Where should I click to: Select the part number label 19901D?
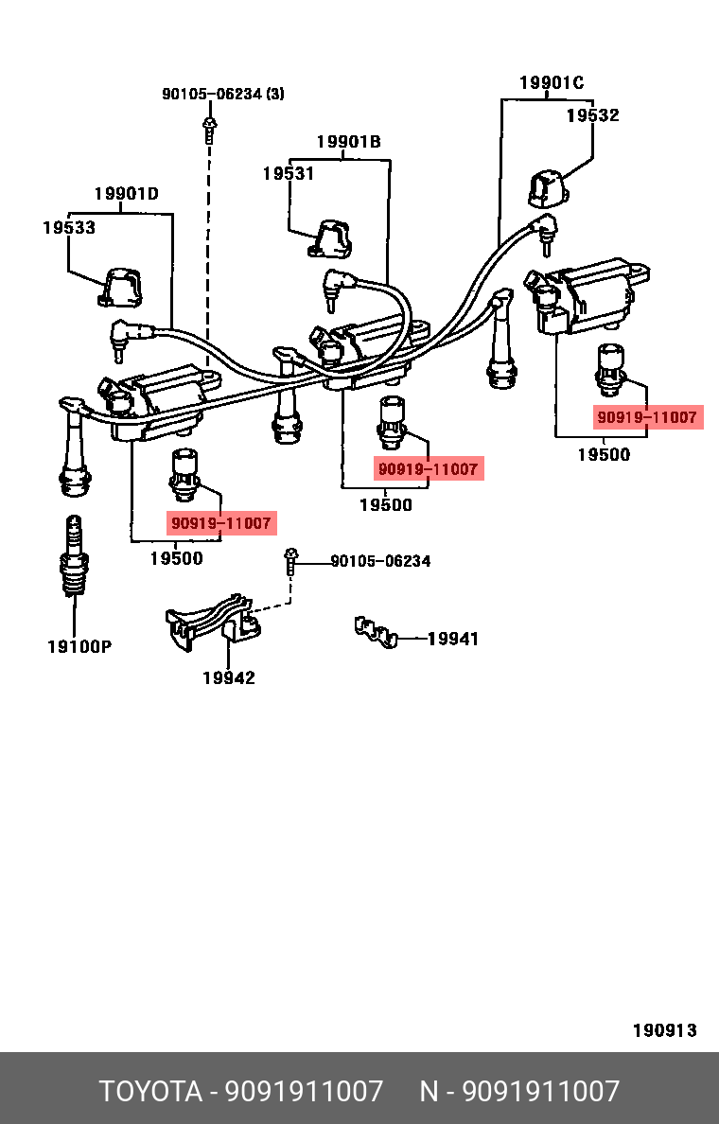[126, 195]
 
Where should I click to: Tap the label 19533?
[68, 228]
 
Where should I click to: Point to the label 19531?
[288, 174]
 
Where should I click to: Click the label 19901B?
[348, 142]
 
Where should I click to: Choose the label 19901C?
[552, 83]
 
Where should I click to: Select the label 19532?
[592, 115]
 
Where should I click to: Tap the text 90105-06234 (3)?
[223, 94]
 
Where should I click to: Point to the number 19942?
[228, 678]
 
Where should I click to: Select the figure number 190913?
[664, 1030]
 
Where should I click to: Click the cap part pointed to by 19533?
[120, 288]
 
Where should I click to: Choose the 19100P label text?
[79, 647]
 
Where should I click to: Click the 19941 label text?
[452, 640]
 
